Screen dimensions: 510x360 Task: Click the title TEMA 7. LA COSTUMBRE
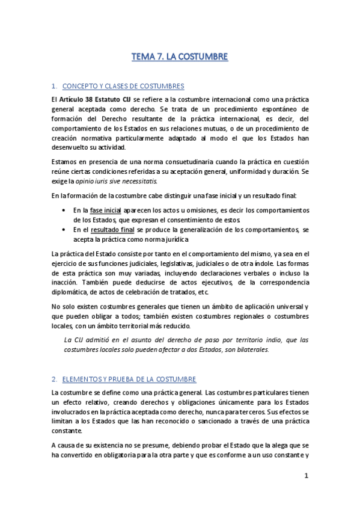tap(180, 58)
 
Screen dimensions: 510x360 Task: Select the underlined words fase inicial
tap(105, 210)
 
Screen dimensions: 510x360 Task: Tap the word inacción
tap(68, 282)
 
